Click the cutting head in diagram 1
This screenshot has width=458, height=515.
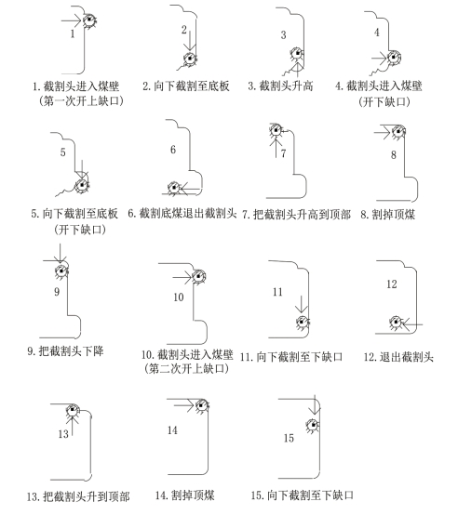(88, 20)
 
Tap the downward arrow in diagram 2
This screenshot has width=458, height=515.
(189, 39)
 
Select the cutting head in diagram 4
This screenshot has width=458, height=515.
(393, 58)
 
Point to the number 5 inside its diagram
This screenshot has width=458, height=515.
(62, 152)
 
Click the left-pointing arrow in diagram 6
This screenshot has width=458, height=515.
(190, 189)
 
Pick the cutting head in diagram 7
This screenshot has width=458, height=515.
(276, 130)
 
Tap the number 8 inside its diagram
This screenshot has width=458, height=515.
(394, 154)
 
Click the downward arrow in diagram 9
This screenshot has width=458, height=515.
(60, 254)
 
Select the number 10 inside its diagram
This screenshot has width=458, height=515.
(179, 297)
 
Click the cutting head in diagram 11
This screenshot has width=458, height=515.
(303, 323)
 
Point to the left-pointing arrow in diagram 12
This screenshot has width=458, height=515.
(411, 324)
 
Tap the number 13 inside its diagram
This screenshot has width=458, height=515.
(63, 434)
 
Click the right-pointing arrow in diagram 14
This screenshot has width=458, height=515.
(183, 405)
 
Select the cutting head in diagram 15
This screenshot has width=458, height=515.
(313, 426)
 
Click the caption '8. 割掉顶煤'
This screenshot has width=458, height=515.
(387, 215)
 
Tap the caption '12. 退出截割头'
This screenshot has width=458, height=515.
(398, 357)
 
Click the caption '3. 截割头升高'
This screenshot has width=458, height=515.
(280, 86)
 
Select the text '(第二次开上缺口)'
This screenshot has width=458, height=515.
(186, 369)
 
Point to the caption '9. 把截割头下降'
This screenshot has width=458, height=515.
(65, 351)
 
